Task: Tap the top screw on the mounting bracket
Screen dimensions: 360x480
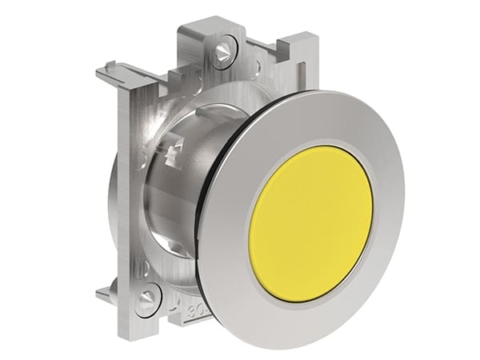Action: coord(222,51)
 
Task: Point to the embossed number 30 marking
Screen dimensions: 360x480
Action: coord(193,309)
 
